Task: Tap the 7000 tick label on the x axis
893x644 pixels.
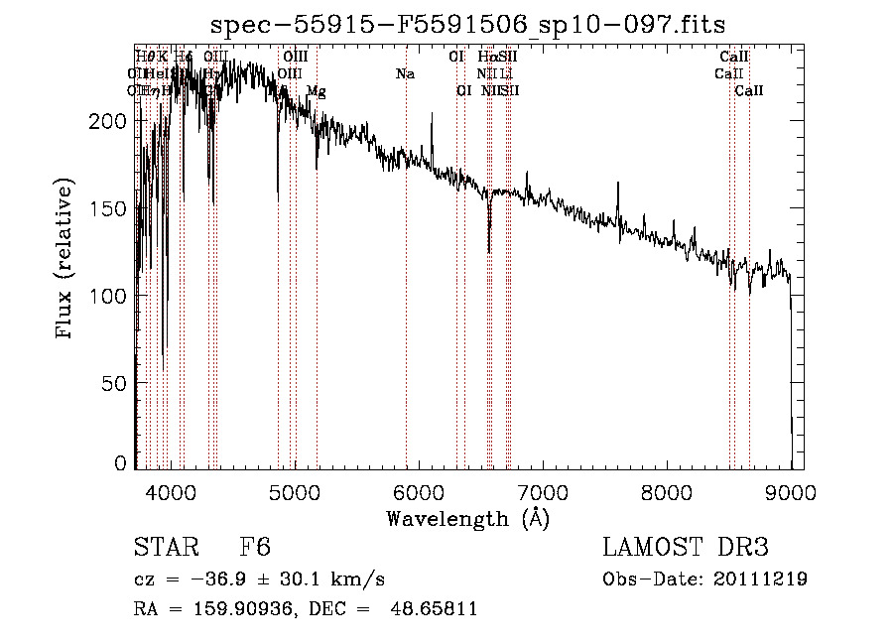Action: (542, 490)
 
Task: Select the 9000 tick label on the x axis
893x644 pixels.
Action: (790, 490)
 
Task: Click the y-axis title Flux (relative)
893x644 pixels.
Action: (65, 260)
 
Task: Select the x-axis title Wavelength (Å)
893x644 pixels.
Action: (467, 519)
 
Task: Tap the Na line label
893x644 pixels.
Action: (405, 74)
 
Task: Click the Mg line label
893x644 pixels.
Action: (316, 91)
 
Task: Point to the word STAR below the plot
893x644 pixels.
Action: (164, 548)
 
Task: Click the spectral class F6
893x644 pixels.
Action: (255, 548)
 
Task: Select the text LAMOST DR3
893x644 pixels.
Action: (686, 548)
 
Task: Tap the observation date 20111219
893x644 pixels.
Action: (764, 580)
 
